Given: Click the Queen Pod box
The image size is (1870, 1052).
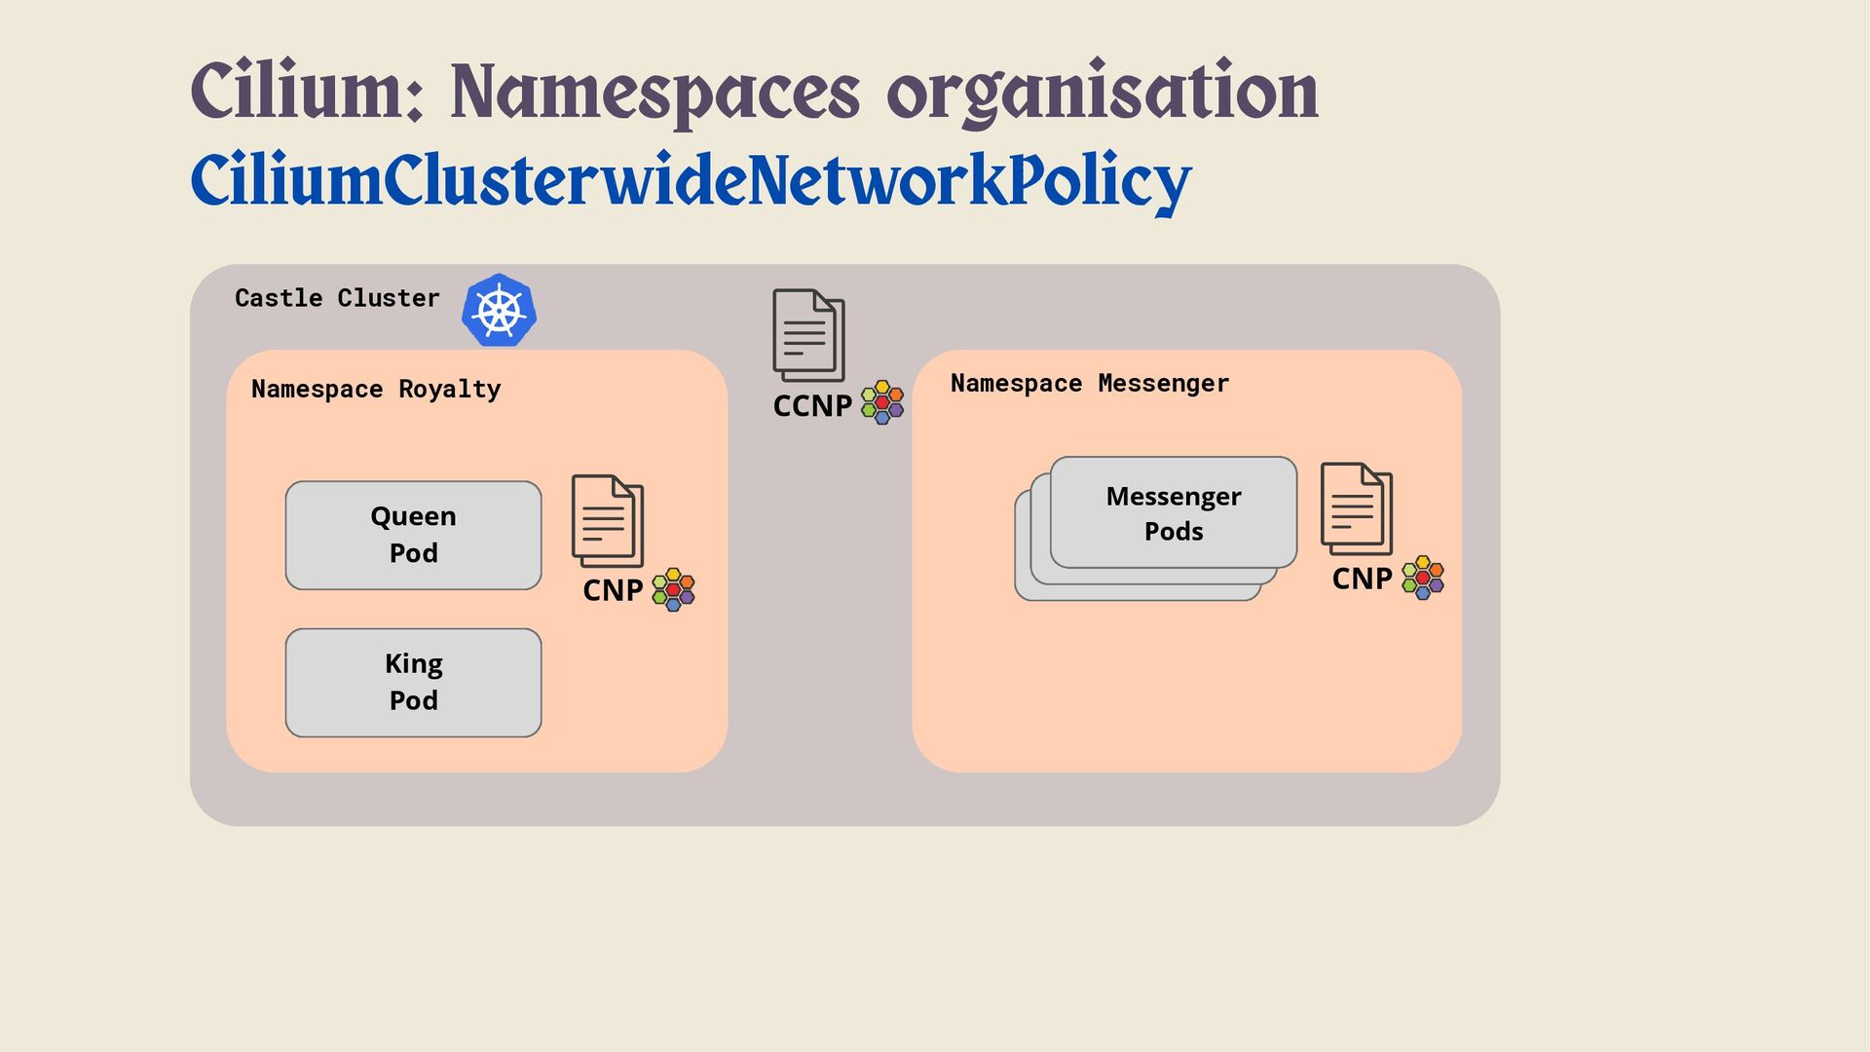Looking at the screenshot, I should [413, 535].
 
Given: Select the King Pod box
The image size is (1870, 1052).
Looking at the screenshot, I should [413, 682].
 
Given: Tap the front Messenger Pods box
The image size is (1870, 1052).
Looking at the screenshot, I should [1173, 512].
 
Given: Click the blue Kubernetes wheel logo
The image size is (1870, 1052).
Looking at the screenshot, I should [499, 311].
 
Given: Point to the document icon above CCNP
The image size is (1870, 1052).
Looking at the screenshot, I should [808, 335].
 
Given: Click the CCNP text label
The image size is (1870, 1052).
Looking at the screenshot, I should [812, 405].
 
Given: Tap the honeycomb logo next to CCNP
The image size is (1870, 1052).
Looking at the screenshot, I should [882, 402].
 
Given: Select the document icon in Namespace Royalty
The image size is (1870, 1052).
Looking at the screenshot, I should [608, 521].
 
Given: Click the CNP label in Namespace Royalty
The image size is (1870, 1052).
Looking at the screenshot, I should [613, 590].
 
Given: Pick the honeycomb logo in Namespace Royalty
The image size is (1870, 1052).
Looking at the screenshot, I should [673, 589].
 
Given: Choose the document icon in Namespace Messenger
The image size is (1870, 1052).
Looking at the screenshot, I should [1357, 509].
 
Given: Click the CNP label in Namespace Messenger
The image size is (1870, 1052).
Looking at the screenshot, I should [1362, 579].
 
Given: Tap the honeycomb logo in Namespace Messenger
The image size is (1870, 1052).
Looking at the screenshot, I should [1423, 578].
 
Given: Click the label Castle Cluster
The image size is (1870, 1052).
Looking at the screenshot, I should [337, 298].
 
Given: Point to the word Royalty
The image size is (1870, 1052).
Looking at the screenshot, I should [449, 390].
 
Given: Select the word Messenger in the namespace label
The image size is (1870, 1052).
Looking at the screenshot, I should [1163, 384].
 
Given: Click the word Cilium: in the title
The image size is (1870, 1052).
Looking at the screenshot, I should [307, 93].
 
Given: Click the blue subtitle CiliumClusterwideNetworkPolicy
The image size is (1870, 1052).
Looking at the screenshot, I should [691, 181].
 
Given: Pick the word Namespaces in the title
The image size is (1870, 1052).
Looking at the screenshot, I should [654, 93].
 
